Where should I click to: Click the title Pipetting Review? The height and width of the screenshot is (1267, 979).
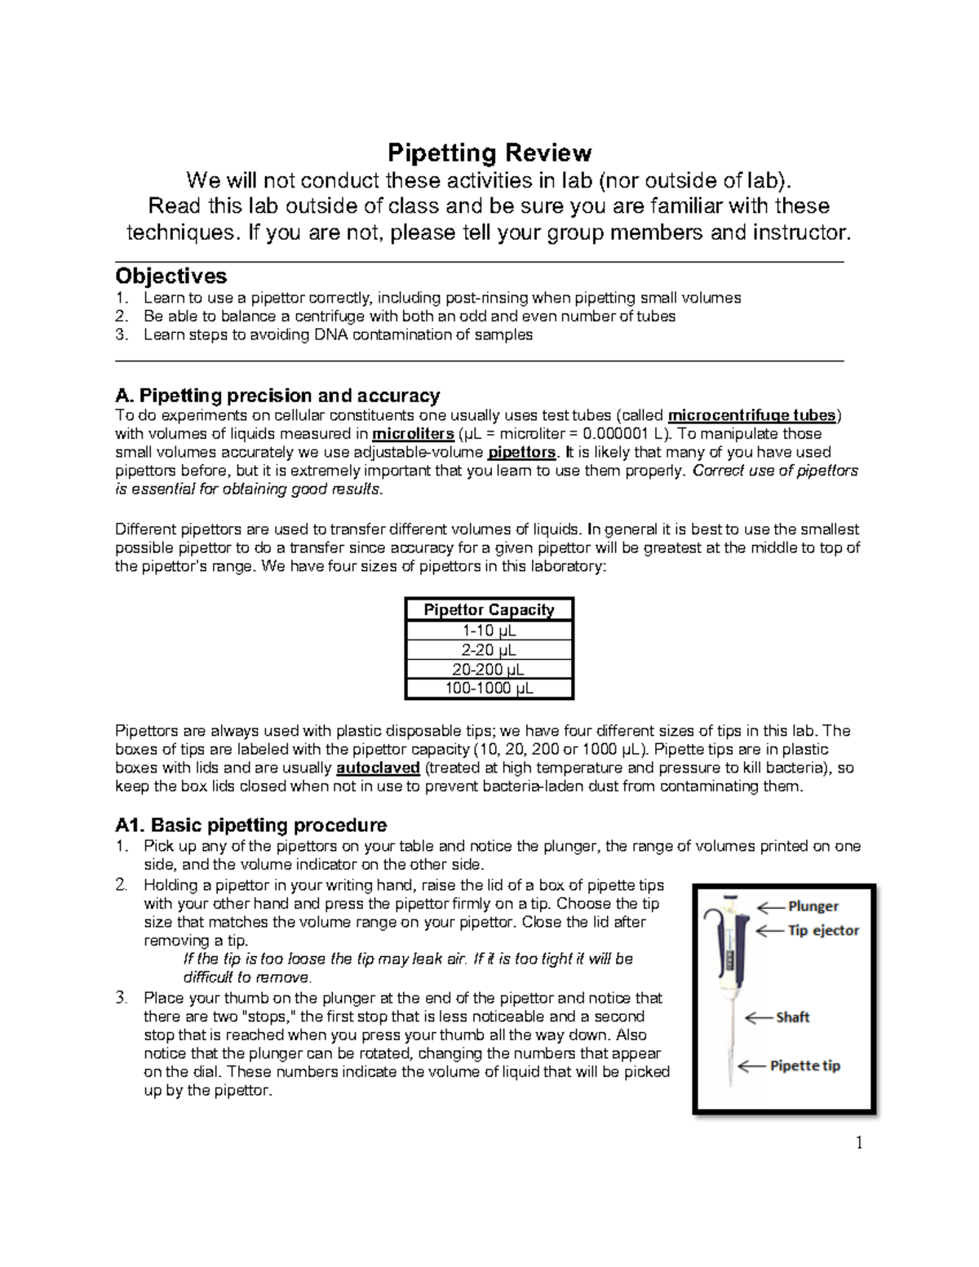[489, 153]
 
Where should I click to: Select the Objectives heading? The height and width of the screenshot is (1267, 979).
[171, 276]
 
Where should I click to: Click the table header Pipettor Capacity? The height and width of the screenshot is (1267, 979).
[489, 609]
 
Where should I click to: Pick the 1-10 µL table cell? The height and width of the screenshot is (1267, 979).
[489, 631]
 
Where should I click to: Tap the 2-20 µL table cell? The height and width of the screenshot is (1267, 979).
[489, 650]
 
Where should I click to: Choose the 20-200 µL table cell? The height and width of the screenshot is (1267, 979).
[489, 670]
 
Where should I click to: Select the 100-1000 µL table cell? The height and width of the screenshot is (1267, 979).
[489, 689]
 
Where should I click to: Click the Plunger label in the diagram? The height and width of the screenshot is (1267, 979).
[813, 906]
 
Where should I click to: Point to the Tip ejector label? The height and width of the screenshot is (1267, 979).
[822, 930]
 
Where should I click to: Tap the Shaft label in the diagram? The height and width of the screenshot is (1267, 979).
[792, 1017]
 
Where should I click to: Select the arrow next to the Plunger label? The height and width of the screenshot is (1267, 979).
[770, 906]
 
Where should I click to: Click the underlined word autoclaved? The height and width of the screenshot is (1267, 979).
[378, 768]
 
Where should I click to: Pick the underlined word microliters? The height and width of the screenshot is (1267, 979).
[412, 433]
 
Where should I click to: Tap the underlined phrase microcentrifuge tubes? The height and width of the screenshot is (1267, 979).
[751, 414]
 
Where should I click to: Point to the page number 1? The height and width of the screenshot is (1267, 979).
[858, 1142]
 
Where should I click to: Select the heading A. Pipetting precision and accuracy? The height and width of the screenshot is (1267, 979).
[277, 396]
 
